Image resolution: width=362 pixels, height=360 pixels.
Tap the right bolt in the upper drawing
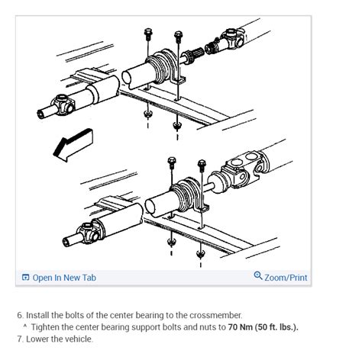[178, 37]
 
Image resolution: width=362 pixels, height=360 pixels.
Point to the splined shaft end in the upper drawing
[193, 56]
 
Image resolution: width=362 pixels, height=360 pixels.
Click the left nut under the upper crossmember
[147, 114]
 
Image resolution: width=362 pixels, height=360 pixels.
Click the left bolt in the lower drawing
[172, 164]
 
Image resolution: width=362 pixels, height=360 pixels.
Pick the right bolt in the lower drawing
[202, 166]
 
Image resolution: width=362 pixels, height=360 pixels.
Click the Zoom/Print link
[286, 278]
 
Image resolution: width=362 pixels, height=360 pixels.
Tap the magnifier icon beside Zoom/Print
[258, 277]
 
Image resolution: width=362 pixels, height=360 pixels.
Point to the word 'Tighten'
[47, 327]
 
